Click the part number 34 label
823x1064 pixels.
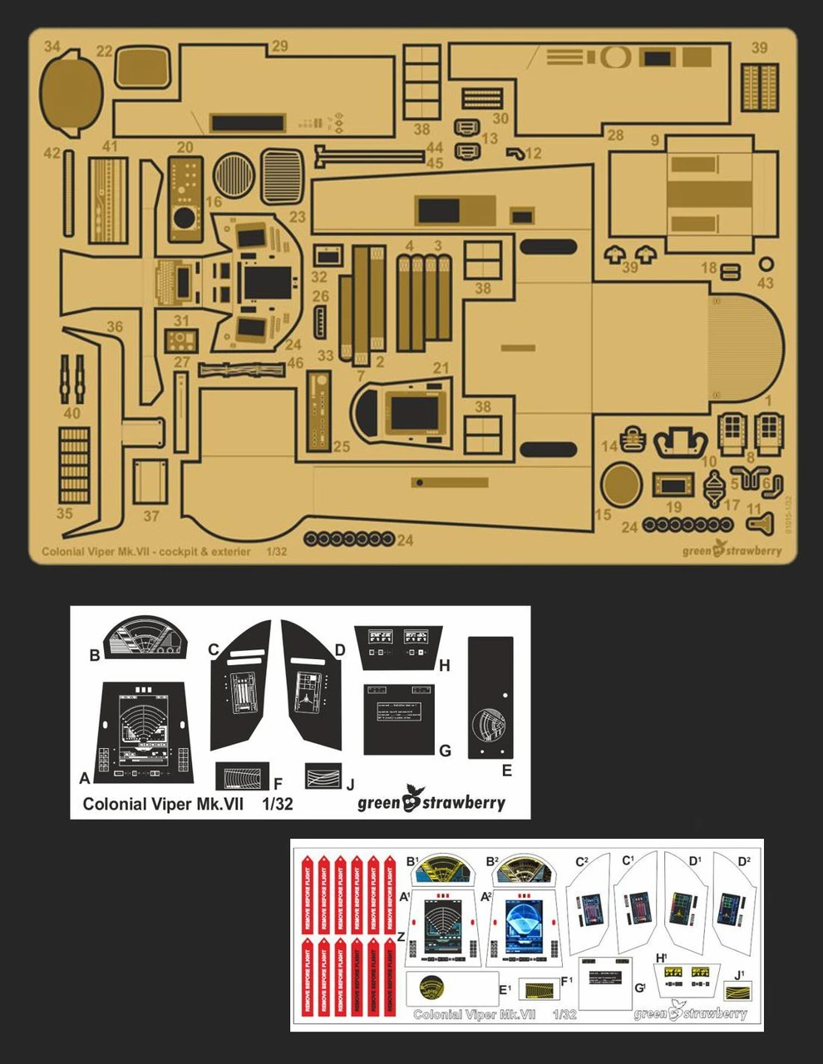click(x=53, y=47)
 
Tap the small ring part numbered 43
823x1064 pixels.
click(x=766, y=264)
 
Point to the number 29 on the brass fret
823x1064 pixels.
click(x=279, y=46)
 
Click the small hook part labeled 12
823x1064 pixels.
click(x=515, y=153)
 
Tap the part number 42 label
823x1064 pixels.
click(x=52, y=153)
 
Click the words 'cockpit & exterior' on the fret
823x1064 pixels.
click(x=203, y=551)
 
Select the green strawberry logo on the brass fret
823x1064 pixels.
click(x=732, y=550)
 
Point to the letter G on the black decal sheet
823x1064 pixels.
click(x=445, y=751)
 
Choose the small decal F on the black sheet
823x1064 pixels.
click(x=242, y=776)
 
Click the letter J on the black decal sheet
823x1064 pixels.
click(x=350, y=784)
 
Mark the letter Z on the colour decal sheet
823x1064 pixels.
click(x=402, y=936)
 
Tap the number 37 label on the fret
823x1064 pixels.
click(x=150, y=515)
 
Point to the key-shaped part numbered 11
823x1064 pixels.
click(x=758, y=522)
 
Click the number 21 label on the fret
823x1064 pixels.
click(x=441, y=368)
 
